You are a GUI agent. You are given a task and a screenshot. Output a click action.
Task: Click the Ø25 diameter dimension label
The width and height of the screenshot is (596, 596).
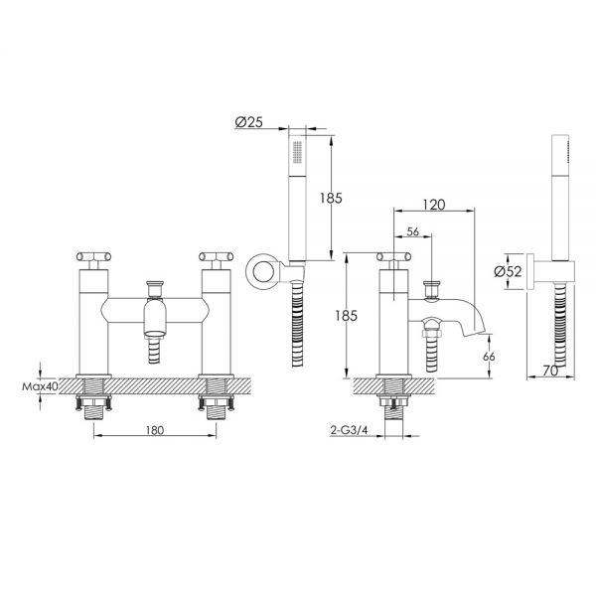pos(249,122)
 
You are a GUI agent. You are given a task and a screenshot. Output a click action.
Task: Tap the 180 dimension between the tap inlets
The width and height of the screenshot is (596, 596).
pos(155,430)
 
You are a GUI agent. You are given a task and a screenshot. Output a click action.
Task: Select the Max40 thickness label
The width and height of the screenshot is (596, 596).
pos(40,386)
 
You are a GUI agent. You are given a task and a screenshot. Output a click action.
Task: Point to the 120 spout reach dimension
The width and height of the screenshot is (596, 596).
pos(434,205)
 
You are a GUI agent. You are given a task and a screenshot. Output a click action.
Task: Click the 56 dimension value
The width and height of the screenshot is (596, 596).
pos(413,231)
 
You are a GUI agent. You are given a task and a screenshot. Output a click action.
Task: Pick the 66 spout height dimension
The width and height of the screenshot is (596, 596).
pos(489,357)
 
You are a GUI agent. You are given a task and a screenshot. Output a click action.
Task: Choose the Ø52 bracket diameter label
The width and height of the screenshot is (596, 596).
pos(508,271)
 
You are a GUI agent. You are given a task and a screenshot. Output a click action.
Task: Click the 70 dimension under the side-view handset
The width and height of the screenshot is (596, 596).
pos(550,371)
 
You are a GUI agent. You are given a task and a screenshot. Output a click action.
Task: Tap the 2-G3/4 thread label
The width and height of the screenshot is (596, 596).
pos(350,430)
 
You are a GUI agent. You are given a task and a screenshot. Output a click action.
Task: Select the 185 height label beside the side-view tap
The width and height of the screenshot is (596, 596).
pos(347,315)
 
